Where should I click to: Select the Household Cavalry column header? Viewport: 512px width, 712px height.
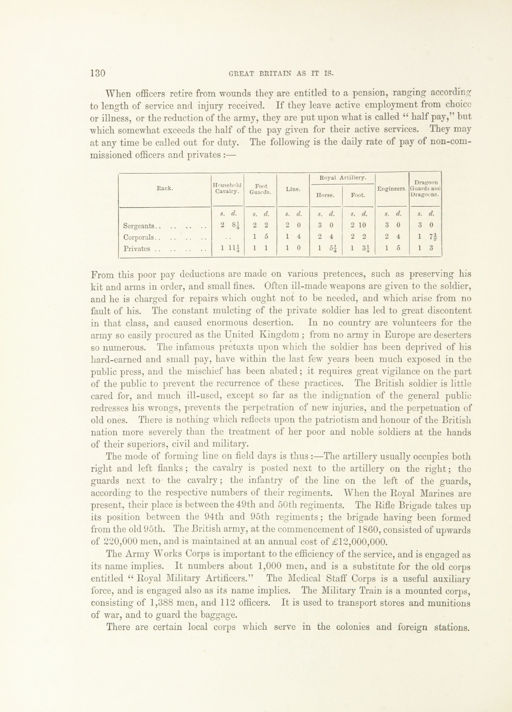pyautogui.click(x=228, y=189)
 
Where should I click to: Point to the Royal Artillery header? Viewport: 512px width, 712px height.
pyautogui.click(x=342, y=178)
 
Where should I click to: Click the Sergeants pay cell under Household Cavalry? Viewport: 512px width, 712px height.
pyautogui.click(x=228, y=225)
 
